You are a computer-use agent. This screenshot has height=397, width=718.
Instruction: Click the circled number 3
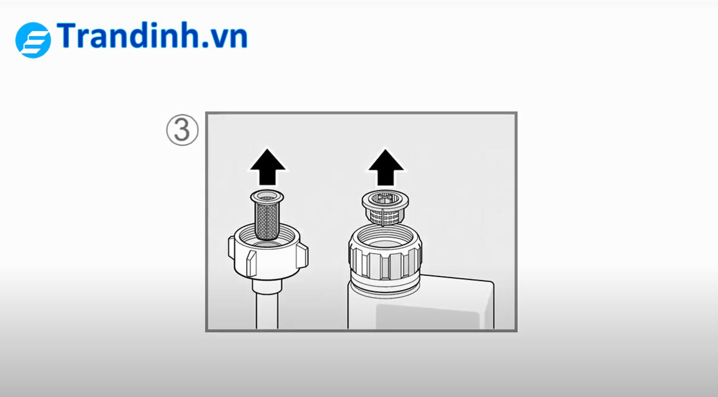[x=182, y=130]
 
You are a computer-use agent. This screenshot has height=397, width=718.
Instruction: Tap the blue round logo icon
[x=33, y=40]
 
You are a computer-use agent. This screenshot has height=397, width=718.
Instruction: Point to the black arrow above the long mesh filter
[x=268, y=167]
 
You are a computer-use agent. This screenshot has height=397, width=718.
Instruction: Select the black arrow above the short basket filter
[x=386, y=167]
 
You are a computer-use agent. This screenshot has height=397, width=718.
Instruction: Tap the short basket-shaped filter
[x=385, y=208]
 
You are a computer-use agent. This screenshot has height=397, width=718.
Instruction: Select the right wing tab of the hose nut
[x=302, y=256]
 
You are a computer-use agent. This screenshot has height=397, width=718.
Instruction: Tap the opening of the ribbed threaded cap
[x=385, y=239]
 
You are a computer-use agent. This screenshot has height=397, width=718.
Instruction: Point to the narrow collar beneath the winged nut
[x=267, y=286]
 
